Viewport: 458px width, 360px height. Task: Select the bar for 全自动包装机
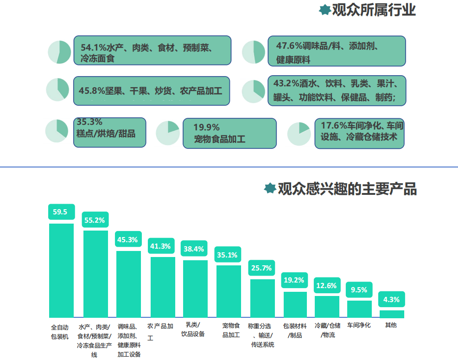coord(61,270)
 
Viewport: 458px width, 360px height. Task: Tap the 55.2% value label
coord(95,220)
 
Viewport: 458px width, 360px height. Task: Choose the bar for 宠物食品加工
coord(229,291)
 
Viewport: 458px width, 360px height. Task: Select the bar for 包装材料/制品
coord(295,304)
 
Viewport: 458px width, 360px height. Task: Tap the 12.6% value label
coord(327,285)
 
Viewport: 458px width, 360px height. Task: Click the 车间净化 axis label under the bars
coord(359,325)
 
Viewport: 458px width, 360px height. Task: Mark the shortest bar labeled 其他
coord(392,314)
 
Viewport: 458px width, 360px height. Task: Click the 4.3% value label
coord(392,299)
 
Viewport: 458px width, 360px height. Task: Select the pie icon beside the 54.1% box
coord(59,52)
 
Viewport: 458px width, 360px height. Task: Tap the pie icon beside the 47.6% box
coord(254,52)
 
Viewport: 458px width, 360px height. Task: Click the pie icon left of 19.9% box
coord(168,133)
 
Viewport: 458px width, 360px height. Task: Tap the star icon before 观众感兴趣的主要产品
coord(270,188)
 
